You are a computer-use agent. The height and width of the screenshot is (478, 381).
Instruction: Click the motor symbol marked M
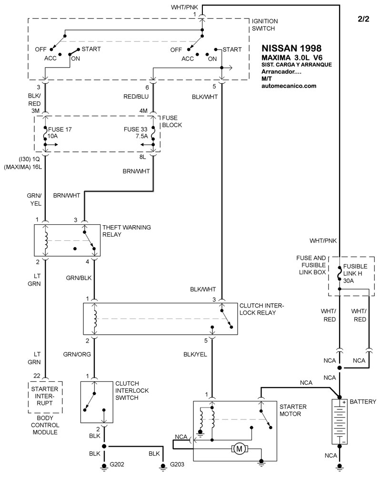[x=240, y=449]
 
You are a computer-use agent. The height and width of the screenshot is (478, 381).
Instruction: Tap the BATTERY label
[x=363, y=401]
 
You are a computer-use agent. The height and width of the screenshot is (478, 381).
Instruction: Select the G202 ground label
[x=117, y=464]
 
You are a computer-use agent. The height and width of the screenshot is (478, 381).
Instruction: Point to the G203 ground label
[x=177, y=464]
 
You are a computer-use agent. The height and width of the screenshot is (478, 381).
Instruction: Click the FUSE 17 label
[x=60, y=129]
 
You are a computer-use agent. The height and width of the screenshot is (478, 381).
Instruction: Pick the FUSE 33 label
[x=135, y=129]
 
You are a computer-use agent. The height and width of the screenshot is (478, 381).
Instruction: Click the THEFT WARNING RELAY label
[x=127, y=231]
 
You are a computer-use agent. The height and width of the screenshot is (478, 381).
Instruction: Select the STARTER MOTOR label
[x=293, y=410]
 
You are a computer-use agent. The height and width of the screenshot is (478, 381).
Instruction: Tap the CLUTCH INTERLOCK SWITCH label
[x=132, y=390]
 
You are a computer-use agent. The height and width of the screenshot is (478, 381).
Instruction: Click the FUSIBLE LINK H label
[x=355, y=270]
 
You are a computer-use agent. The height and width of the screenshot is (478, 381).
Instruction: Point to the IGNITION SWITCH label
[x=264, y=25]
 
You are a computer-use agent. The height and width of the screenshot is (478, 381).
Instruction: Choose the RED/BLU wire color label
[x=136, y=96]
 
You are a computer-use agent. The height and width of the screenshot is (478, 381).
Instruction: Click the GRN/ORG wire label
[x=77, y=354]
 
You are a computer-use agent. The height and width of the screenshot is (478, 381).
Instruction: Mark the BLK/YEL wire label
[x=195, y=354]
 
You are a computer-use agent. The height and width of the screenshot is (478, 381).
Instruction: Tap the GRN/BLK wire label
[x=79, y=278]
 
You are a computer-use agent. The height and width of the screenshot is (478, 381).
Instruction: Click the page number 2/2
[x=363, y=19]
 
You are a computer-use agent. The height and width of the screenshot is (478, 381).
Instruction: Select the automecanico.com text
[x=289, y=86]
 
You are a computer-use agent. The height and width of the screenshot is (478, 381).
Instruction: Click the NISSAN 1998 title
[x=291, y=48]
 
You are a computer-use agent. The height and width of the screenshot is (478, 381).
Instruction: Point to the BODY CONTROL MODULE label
[x=45, y=425]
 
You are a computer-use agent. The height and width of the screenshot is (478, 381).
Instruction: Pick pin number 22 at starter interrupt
[x=37, y=376]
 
